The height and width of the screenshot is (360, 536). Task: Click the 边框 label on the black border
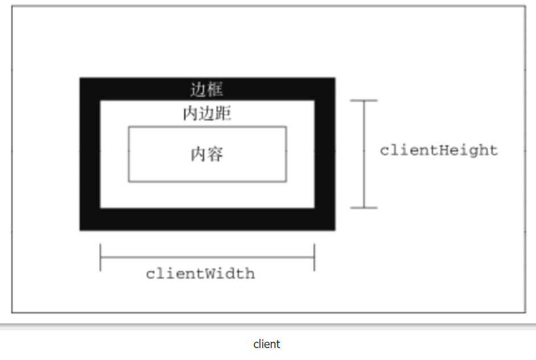pos(207,90)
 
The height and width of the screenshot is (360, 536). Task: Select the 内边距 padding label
pos(207,114)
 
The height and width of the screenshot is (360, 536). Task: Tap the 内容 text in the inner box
pos(207,154)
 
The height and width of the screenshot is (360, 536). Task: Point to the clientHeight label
pos(439,151)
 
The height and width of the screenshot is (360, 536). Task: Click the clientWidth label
pos(200,274)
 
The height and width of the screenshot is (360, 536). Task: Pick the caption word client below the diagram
pos(267,344)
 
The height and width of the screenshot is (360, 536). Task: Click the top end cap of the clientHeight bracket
pos(364,101)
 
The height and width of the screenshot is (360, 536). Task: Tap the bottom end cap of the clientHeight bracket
pos(364,208)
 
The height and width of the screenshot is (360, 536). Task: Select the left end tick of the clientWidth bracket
pos(100,257)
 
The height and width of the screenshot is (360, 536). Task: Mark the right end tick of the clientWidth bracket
pos(314,257)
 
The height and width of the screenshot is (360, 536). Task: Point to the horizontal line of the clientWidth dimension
pos(207,257)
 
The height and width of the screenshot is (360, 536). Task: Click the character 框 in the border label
pos(215,90)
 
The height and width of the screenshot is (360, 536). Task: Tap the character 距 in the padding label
pos(223,114)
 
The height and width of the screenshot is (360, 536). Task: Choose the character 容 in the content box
pos(215,154)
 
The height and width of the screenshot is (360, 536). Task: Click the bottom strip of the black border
pos(207,219)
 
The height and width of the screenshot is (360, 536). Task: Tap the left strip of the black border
pos(90,154)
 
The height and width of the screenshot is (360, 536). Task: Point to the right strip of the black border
pos(324,154)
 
